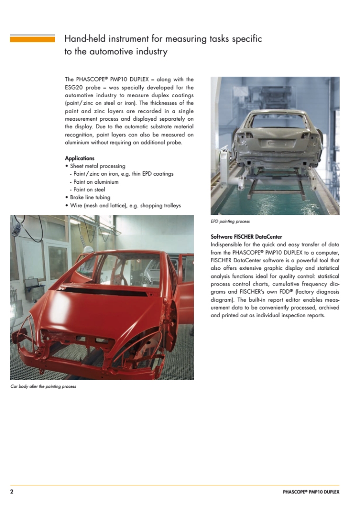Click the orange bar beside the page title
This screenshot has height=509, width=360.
[x=32, y=39]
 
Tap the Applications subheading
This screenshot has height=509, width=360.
[x=80, y=158]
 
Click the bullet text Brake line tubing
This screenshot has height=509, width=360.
[x=90, y=197]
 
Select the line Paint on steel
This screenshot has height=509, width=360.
[x=89, y=189]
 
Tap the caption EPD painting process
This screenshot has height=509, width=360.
[x=230, y=222]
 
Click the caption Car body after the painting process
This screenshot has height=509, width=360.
[x=43, y=386]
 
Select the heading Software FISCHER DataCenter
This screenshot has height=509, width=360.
[x=246, y=236]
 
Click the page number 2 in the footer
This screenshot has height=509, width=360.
[x=12, y=491]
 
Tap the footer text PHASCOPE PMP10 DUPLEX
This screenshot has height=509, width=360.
[x=308, y=492]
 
